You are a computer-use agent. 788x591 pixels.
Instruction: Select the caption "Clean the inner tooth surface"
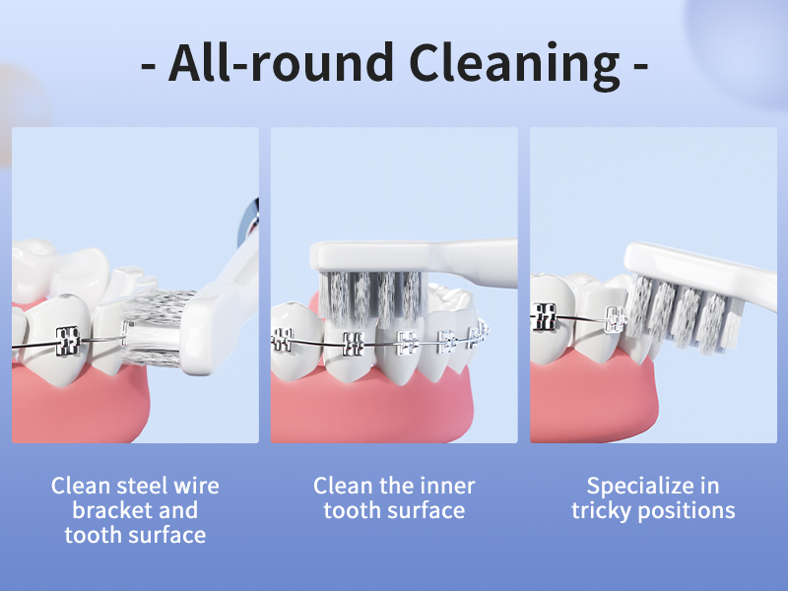(394, 497)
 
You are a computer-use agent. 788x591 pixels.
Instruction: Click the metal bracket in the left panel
(66, 340)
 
